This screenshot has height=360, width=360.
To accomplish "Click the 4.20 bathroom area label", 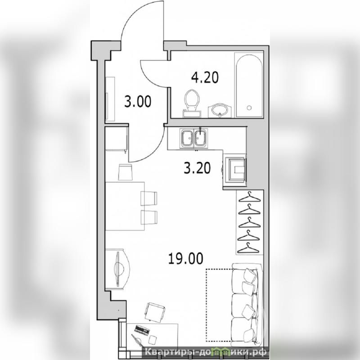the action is tap(205, 77).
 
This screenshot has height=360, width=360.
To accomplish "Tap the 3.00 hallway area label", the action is tap(138, 102).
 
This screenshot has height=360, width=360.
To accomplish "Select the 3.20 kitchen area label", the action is tap(197, 168).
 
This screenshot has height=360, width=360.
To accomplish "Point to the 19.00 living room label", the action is tap(186, 258).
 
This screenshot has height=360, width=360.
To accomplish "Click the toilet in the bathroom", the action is tap(192, 103).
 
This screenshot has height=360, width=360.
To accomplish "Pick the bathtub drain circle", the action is tap(249, 108).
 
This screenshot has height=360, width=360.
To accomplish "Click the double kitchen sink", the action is tap(194, 138).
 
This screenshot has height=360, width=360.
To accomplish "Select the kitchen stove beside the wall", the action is tap(235, 170).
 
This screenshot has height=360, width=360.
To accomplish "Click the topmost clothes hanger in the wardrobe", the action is tap(250, 197).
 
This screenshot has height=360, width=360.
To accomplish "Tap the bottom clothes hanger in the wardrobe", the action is tap(247, 248).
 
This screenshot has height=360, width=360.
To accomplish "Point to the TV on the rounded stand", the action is tap(118, 269).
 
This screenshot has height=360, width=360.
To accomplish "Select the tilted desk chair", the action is tap(155, 312).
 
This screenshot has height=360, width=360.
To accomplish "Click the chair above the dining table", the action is tap(126, 172).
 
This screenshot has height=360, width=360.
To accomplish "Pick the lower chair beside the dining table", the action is tap(149, 217).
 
